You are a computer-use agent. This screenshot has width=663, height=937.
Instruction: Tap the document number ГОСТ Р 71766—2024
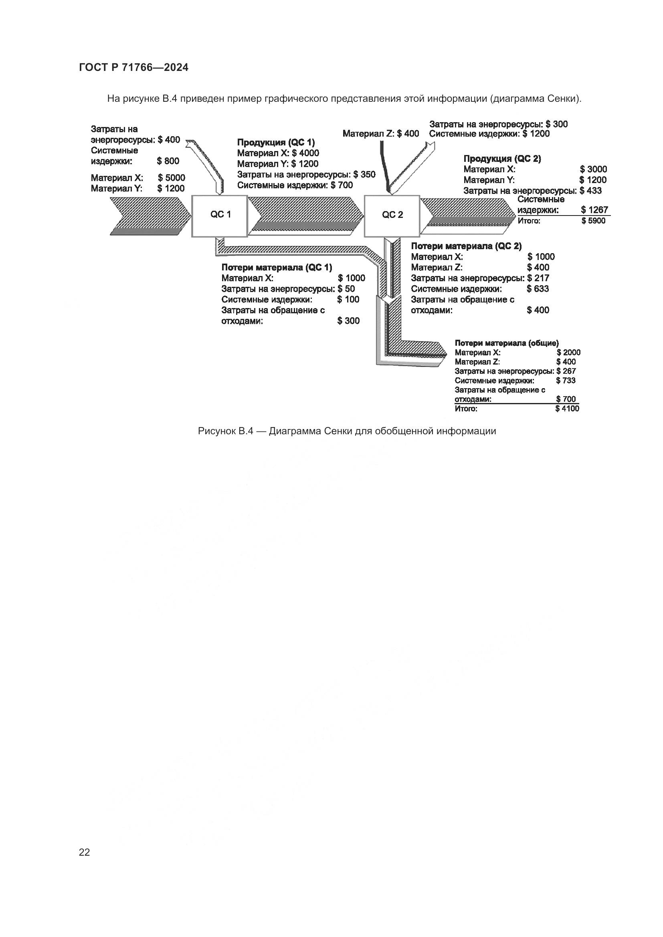pos(134,68)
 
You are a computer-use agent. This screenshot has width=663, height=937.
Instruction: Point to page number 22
pos(85,852)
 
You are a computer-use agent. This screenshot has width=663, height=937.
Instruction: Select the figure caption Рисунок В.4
pos(347,431)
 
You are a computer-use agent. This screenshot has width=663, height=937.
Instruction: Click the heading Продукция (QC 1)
pos(276,143)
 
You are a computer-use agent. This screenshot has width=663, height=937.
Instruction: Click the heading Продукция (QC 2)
pos(502,159)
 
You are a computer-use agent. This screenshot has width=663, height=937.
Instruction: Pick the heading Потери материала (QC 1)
pos(277,267)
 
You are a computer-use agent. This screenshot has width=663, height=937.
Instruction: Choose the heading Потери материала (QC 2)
pos(466,246)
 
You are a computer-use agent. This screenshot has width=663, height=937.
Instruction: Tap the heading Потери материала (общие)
pos(507,343)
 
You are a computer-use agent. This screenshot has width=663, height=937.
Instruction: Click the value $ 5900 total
pos(594,221)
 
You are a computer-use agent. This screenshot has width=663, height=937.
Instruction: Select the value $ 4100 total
pos(567,409)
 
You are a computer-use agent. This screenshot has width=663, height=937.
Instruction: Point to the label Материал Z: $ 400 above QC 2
pos(380,133)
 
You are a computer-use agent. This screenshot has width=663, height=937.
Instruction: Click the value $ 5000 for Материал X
pos(172,178)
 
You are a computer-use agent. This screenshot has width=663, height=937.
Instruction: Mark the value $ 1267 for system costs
pos(594,210)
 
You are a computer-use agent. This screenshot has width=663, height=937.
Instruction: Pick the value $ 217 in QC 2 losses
pos(538,278)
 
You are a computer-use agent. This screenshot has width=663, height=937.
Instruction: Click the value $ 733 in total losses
pos(566,380)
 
